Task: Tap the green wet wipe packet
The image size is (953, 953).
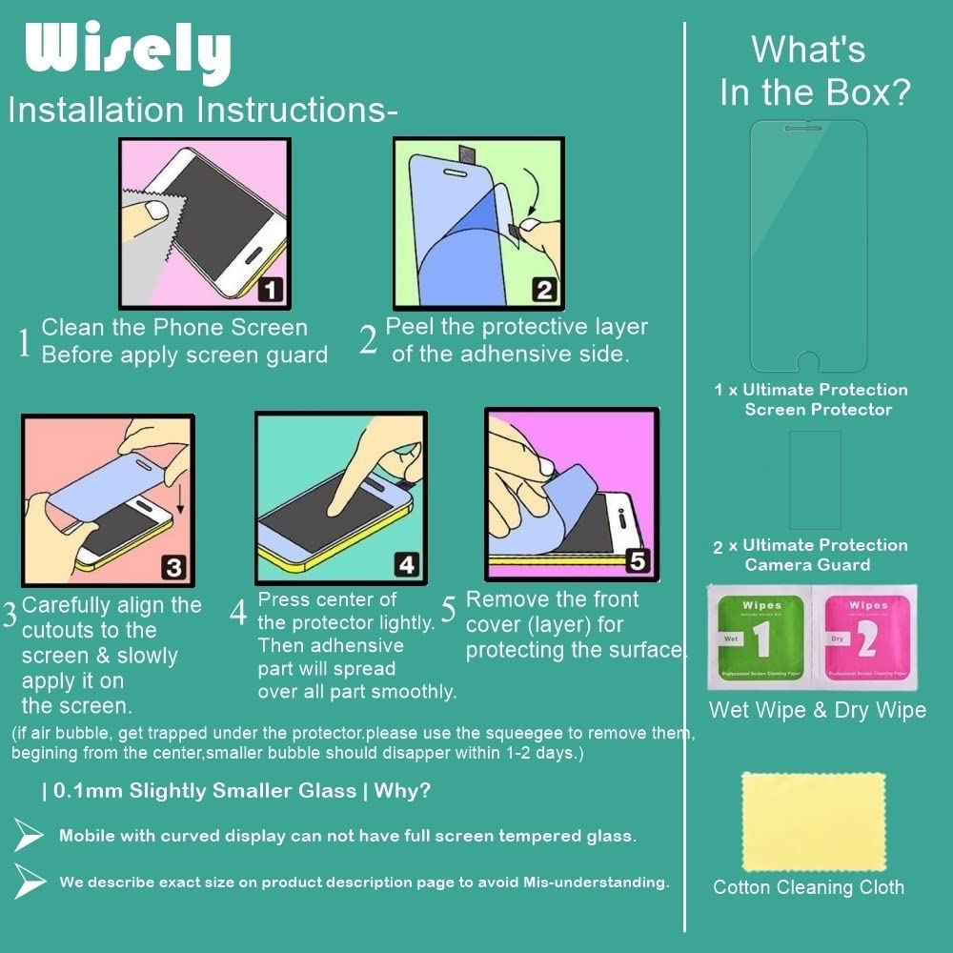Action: tap(760, 637)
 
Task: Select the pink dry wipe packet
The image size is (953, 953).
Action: tap(865, 637)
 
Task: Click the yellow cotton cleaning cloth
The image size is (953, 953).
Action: tap(814, 821)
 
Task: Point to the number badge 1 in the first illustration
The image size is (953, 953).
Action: tap(271, 290)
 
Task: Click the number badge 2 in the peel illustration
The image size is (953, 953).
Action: tap(544, 290)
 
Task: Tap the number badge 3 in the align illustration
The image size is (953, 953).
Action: tap(173, 567)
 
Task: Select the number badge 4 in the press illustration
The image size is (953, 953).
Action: tap(407, 564)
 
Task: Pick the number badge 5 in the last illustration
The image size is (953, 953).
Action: tap(638, 560)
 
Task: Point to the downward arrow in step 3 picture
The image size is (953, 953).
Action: tap(180, 498)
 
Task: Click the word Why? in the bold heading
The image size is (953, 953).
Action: tap(402, 791)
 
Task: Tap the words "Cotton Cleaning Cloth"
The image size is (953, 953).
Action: tap(808, 887)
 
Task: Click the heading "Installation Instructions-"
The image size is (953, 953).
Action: tap(203, 110)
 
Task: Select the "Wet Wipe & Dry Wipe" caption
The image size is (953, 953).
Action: tap(818, 710)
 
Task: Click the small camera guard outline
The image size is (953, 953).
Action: tap(815, 480)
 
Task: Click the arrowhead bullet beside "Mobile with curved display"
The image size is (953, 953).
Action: tap(28, 835)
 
